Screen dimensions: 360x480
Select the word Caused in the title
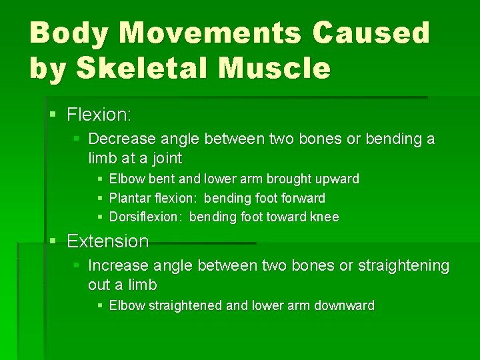tap(382, 33)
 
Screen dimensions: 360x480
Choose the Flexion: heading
tap(99, 115)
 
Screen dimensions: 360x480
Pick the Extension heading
tap(107, 241)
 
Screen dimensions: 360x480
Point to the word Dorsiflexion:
tap(146, 217)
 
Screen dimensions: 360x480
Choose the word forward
tap(304, 198)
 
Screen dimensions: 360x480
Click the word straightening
tap(404, 265)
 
